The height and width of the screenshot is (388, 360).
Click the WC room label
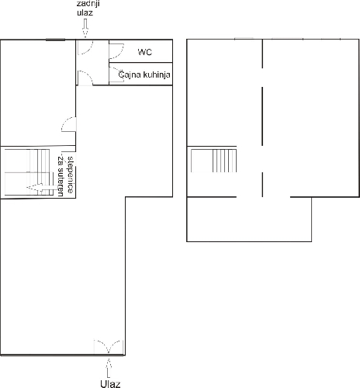coord(145,52)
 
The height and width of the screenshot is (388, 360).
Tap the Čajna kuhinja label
coord(144,74)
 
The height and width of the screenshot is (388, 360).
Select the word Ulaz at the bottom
coord(110,384)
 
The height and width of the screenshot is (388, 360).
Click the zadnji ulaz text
coord(88,8)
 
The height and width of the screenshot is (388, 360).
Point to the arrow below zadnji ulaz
coord(85,29)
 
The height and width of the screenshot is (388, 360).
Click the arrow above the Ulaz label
coord(109,368)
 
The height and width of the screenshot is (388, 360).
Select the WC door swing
coord(116,51)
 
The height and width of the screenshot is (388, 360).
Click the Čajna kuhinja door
coord(116,74)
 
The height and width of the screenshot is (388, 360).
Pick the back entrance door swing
coord(85,47)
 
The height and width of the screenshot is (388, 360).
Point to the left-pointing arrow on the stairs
coord(42,188)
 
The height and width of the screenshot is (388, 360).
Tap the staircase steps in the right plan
coord(224,161)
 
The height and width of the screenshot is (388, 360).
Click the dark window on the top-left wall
coord(55,40)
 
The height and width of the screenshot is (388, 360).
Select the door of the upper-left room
coord(69,124)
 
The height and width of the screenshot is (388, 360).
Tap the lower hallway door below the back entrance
coord(85,78)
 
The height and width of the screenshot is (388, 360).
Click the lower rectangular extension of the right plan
coord(249,220)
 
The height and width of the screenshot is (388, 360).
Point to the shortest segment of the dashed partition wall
coord(262,185)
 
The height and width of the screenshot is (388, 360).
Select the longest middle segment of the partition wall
coord(262,116)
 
